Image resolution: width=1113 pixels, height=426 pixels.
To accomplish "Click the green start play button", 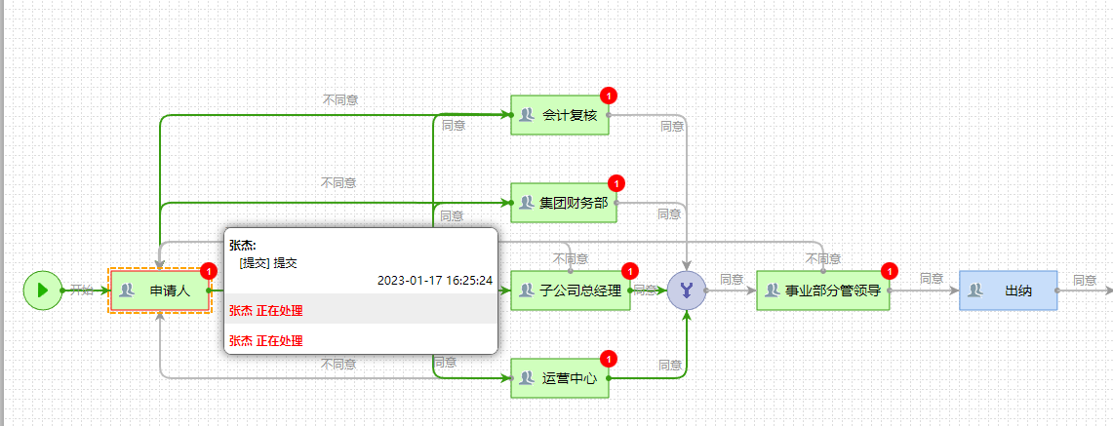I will tap(42, 290).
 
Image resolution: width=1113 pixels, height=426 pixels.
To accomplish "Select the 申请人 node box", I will tap(160, 290).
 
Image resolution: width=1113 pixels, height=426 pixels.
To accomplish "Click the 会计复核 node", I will tap(560, 115).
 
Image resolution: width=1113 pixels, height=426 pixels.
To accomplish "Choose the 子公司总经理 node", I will tap(571, 290).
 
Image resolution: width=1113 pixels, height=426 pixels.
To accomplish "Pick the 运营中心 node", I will tap(560, 377).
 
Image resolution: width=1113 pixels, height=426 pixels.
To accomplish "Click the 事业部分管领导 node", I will tap(823, 290).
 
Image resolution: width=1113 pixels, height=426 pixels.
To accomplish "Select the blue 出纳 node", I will tap(1009, 290).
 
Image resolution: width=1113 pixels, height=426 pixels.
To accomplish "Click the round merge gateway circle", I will tap(687, 290).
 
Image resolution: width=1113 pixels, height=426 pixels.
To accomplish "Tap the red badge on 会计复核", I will tap(609, 96).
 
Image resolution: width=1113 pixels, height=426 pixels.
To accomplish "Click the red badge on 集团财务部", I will tap(616, 183).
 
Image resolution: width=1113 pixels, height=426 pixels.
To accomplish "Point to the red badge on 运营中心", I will tap(609, 358).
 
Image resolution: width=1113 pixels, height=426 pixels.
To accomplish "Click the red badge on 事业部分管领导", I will tap(889, 271).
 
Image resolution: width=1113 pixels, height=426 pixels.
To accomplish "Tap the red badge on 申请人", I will tap(208, 271).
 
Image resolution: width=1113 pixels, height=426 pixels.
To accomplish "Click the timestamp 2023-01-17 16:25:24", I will tap(434, 280).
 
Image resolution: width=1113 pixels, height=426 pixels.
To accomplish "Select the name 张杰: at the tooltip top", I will tap(243, 245).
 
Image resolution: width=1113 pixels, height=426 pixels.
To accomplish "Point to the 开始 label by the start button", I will tap(82, 290).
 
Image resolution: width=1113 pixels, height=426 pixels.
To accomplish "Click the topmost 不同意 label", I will tap(339, 99).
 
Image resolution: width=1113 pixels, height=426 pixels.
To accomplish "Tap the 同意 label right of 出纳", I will tap(1085, 280).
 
